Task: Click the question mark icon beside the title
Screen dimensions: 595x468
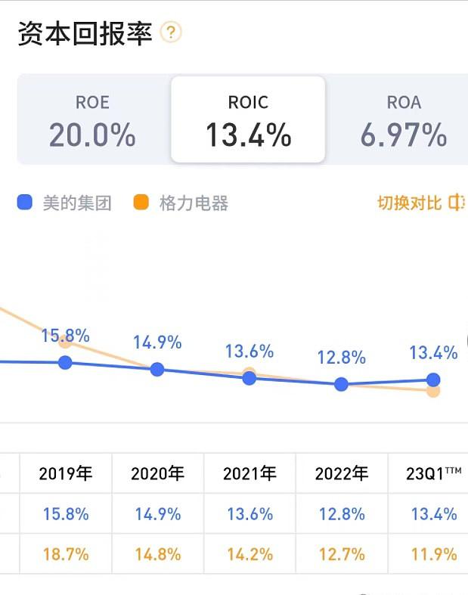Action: coord(172,33)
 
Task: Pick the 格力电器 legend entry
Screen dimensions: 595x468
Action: coord(181,203)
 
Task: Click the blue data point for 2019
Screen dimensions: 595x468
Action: coord(65,363)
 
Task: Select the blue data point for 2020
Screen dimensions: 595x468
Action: coord(157,369)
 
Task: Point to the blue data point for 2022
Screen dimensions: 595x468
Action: coord(341,384)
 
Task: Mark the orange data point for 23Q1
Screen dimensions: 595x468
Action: coord(433,391)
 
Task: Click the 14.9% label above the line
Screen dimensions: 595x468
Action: coord(157,342)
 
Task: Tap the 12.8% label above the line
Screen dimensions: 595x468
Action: coord(342,357)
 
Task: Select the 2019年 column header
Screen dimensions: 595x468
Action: coord(65,474)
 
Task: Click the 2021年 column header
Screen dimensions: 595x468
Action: coord(249,474)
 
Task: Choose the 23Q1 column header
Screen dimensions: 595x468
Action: coord(433,474)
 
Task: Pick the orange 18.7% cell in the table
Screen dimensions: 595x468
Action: coord(65,554)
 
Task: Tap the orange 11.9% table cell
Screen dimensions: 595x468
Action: coord(433,554)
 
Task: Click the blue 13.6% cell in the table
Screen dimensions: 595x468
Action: coord(249,514)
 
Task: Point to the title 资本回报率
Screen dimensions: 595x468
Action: coord(85,33)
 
